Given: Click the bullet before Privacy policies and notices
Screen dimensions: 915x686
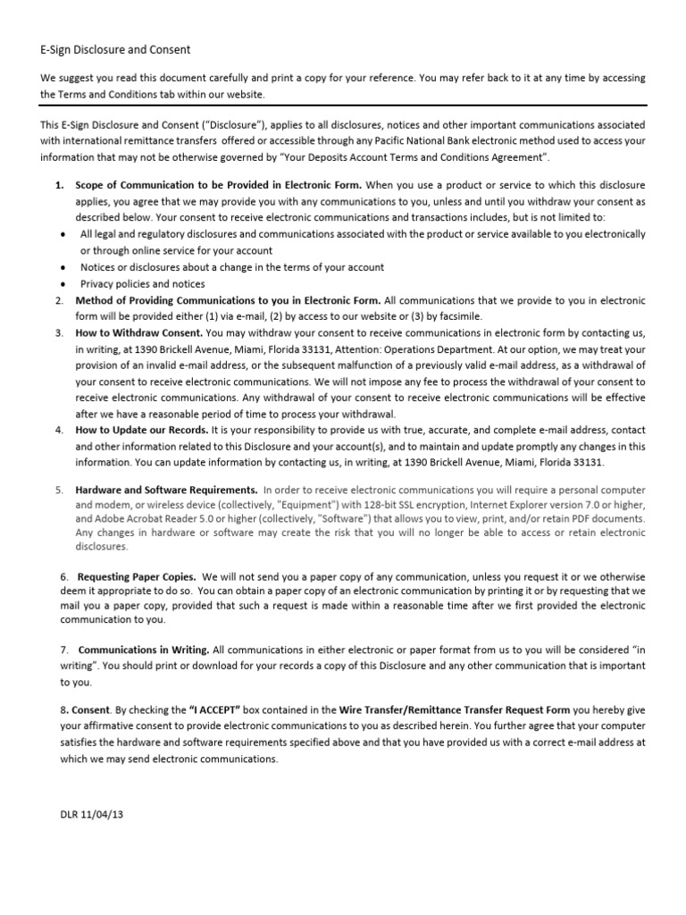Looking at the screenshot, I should pos(60,284).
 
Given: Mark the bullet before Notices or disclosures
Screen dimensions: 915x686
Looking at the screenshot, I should pos(60,267).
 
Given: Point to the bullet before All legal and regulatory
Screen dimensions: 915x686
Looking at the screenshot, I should pos(60,234).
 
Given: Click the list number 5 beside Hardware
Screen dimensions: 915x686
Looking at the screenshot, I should pos(58,490).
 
